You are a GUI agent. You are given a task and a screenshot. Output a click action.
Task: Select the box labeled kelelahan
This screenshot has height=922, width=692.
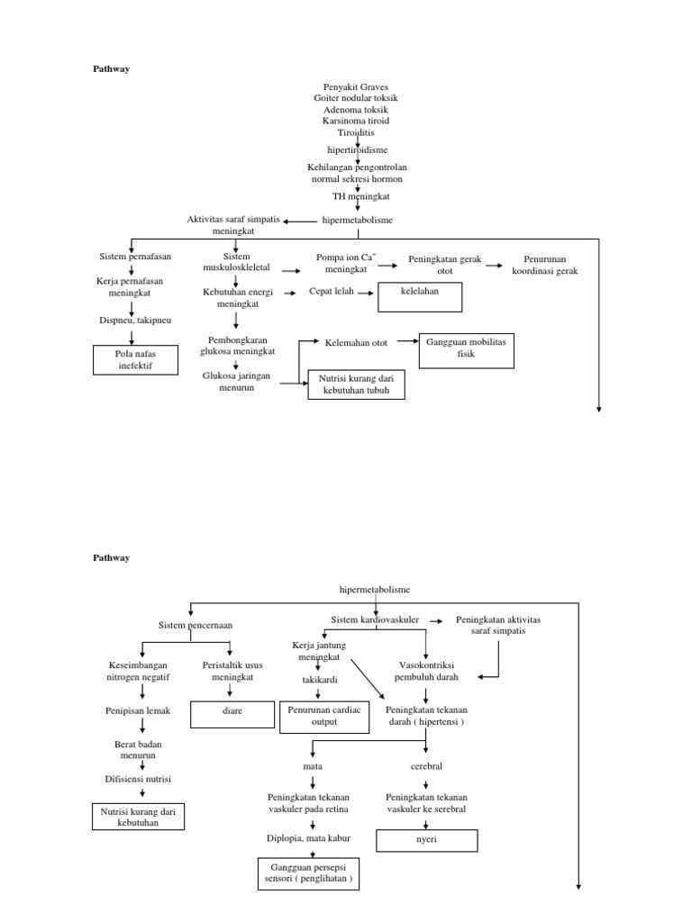(x=420, y=296)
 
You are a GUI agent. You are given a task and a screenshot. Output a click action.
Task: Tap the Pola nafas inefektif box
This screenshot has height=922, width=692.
(x=135, y=360)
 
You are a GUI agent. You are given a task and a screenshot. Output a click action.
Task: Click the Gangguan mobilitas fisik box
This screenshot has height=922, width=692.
(x=466, y=349)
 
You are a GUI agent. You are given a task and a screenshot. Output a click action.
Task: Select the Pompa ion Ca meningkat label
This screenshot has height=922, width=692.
(x=346, y=263)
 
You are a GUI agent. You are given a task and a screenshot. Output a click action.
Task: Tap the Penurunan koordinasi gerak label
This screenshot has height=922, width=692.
(x=544, y=265)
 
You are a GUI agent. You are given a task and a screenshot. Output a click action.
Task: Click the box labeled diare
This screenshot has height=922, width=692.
(x=232, y=715)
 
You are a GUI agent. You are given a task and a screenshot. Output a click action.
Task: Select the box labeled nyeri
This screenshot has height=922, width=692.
(x=426, y=840)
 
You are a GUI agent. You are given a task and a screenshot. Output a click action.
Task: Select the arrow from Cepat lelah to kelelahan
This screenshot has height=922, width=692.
(x=366, y=292)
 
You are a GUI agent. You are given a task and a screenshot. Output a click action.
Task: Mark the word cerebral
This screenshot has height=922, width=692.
(x=426, y=766)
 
